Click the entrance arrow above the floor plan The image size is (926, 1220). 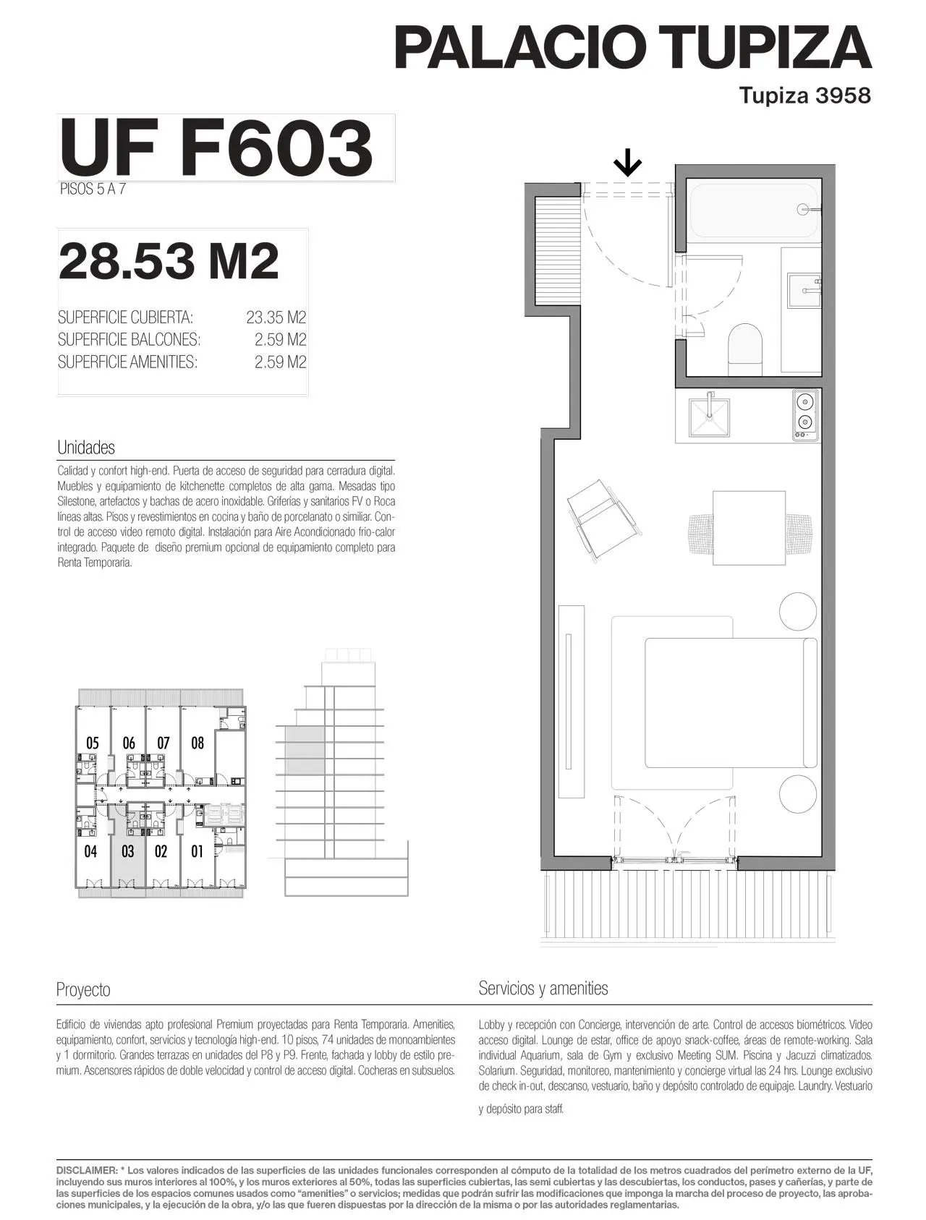(627, 163)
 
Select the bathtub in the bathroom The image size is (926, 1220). (755, 210)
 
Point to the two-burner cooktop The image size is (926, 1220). (805, 415)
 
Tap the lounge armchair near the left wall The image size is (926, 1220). (604, 520)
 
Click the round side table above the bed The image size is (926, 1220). (799, 612)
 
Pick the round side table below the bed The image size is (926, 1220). (799, 794)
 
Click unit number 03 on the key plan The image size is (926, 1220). (127, 851)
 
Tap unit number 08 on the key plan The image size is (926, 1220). (197, 743)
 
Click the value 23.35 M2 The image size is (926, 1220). (276, 317)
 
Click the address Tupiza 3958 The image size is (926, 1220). (805, 95)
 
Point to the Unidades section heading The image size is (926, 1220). (86, 448)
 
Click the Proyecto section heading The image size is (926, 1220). (83, 989)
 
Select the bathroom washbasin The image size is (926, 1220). (804, 291)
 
